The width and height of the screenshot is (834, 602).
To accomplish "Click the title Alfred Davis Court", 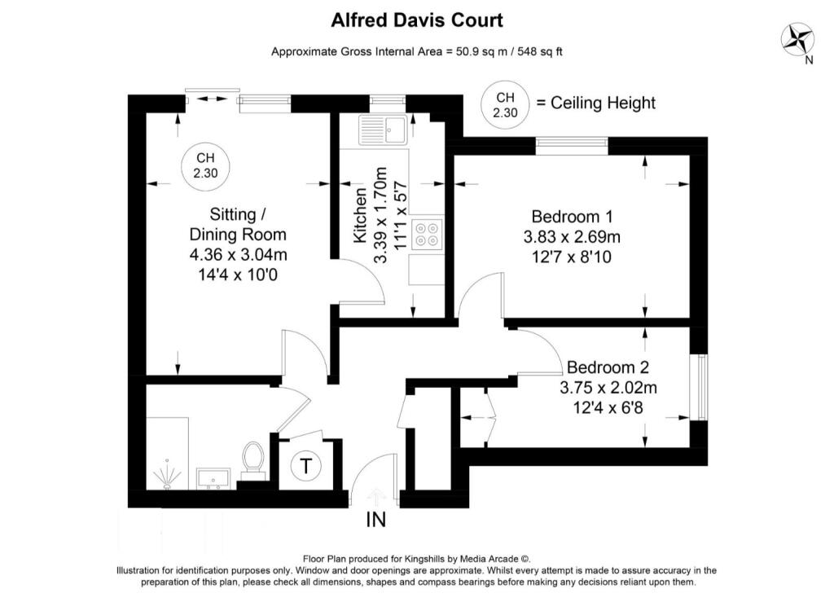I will point(416,20).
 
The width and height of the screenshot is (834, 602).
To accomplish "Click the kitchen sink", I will point(384,130).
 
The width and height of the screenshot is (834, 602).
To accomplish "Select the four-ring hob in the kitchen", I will point(426,234).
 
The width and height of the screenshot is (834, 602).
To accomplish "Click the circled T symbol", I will point(305,467).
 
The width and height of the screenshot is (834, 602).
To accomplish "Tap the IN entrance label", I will point(376,519).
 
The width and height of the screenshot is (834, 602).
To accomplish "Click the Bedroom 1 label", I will point(572,217).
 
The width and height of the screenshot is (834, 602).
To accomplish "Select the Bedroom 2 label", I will point(608,367).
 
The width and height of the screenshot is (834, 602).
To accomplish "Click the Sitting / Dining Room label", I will point(238,225).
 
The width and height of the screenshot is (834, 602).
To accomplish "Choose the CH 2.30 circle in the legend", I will point(504,104).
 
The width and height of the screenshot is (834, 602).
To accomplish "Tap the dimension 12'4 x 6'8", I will point(608,407).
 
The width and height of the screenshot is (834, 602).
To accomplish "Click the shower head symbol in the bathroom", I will point(166,475).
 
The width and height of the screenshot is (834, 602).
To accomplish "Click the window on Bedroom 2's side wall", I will point(698,387).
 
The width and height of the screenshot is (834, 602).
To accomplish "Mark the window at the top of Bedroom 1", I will point(571,145).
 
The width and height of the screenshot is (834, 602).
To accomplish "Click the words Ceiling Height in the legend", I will point(603,103).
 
